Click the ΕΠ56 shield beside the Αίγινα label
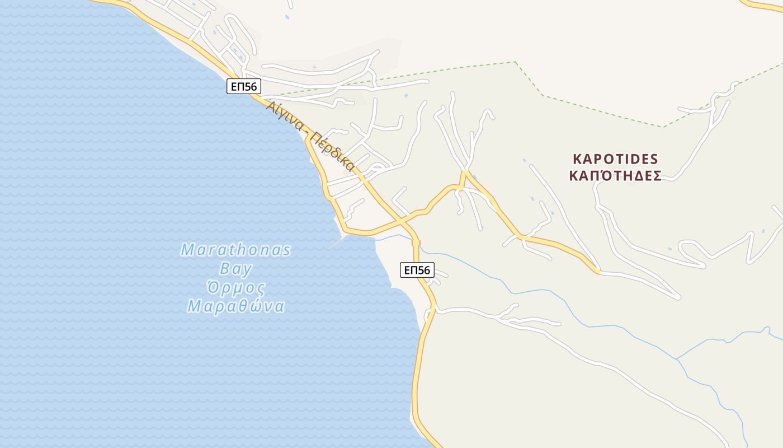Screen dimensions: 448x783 (244, 87)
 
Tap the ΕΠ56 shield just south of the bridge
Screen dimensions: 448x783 (417, 270)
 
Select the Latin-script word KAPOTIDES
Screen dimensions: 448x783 (615, 158)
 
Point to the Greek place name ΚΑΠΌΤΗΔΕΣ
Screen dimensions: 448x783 (615, 176)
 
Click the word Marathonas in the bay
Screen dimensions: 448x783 (235, 250)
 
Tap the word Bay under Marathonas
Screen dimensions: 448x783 (235, 269)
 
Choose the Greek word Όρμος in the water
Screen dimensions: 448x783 (235, 288)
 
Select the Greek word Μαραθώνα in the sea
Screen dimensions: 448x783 (235, 307)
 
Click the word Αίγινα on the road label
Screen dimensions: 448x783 (285, 115)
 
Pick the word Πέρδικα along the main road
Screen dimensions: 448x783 (333, 151)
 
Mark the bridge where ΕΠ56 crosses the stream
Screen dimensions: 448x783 (416, 242)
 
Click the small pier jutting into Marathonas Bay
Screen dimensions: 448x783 (337, 242)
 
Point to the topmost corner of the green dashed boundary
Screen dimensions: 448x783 (515, 62)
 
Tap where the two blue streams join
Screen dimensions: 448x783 (677, 359)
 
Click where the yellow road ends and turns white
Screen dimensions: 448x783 (599, 272)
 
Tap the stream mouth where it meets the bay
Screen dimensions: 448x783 (376, 239)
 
